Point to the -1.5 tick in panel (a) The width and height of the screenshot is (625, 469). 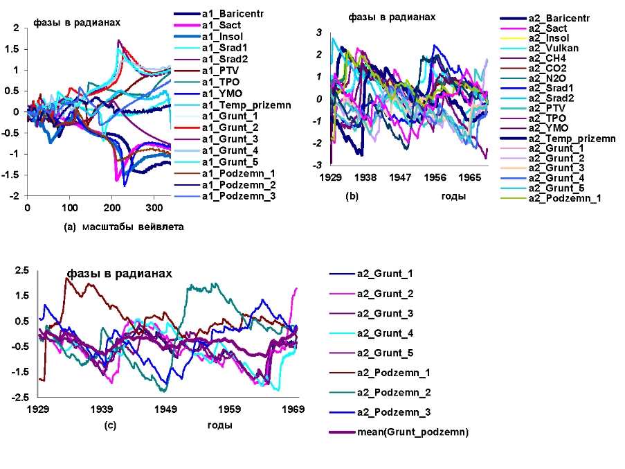click(x=14, y=175)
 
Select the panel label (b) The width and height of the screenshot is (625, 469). click(x=352, y=197)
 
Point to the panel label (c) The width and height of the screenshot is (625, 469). click(x=110, y=425)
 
